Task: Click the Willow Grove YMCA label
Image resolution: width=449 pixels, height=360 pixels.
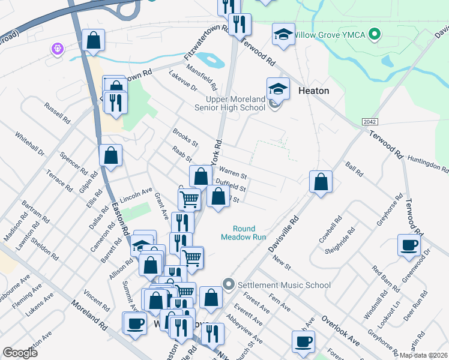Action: [x=336, y=34]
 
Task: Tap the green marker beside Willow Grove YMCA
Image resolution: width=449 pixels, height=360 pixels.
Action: [x=376, y=34]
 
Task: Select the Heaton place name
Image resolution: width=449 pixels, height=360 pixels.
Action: [x=313, y=91]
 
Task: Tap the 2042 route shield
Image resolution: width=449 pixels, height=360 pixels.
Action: [x=370, y=122]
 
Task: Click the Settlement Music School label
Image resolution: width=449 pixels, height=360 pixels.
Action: [x=285, y=285]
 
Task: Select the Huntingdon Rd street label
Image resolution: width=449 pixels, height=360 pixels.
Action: [x=427, y=161]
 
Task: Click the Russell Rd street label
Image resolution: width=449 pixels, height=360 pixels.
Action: [x=58, y=113]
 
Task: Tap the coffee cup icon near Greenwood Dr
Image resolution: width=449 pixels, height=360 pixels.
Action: [x=409, y=245]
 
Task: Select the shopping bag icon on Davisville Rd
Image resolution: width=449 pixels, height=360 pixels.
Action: [x=321, y=182]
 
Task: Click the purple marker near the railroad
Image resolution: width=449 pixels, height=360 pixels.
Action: [x=58, y=48]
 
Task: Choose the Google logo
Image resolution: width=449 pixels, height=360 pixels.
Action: [x=20, y=353]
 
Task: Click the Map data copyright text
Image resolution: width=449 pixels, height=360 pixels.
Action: [x=424, y=355]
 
